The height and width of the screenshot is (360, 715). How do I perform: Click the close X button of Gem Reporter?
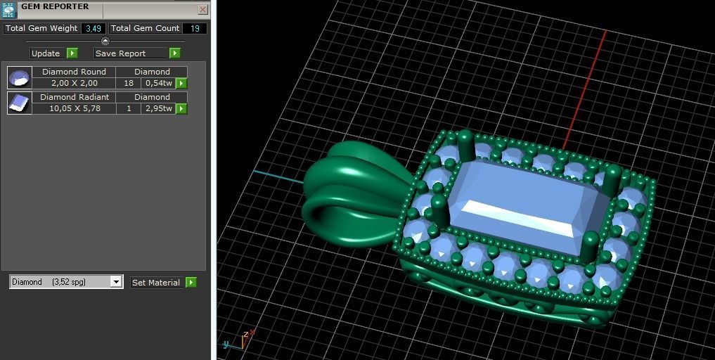[x=202, y=10]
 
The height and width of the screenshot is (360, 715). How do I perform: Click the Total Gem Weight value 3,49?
[x=93, y=29]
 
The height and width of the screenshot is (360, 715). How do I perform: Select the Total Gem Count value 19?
[x=195, y=29]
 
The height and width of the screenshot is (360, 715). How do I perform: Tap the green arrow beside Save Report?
[x=175, y=53]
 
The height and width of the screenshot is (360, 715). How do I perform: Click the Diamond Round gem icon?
[x=20, y=77]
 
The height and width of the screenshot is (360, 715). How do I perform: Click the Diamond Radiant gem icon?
[x=20, y=103]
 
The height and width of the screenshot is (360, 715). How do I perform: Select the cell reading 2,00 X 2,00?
[x=74, y=83]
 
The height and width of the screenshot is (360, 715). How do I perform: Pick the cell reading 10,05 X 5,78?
[x=74, y=108]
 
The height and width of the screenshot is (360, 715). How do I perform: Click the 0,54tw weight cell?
[x=158, y=83]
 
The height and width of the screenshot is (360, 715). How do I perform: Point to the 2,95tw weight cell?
[x=158, y=108]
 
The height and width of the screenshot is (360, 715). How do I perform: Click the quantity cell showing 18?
[x=128, y=83]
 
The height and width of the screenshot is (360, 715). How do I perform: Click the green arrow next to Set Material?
[x=191, y=282]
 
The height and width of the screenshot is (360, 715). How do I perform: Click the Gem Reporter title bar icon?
[x=8, y=9]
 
